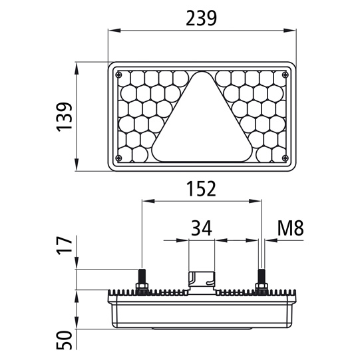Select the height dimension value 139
click(65, 117)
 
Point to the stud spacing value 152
click(200, 189)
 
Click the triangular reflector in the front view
click(202, 123)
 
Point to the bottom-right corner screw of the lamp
click(284, 158)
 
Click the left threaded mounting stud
click(141, 276)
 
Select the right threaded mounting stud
click(261, 276)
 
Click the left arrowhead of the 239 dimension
click(112, 31)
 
